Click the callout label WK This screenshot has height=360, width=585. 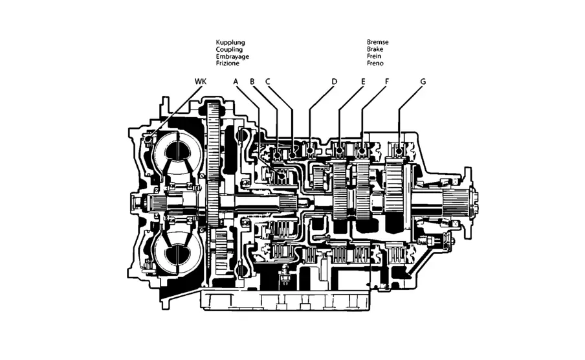pos(201,82)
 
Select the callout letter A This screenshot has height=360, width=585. pos(236,82)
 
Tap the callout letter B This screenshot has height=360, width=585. pos(252,82)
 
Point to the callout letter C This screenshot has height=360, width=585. pos(267,82)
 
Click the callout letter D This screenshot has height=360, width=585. pos(334,82)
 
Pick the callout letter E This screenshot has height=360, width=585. pos(364,82)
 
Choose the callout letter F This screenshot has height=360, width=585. pos(386,82)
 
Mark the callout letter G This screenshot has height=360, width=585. pos(423,82)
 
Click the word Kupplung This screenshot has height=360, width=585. pos(230,43)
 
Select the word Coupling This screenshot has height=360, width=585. pos(230,50)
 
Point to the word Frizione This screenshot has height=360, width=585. pos(228,64)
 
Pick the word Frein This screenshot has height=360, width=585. pos(374,56)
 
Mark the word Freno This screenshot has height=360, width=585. pos(375,63)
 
